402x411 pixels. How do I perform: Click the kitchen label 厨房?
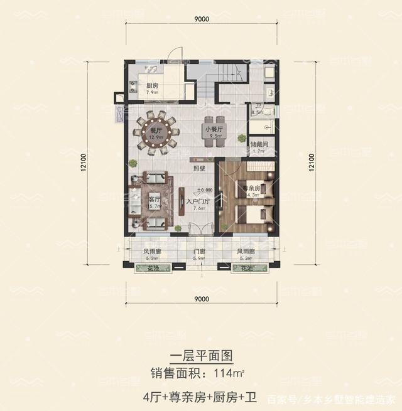151,86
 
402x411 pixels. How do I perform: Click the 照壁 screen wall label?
200,168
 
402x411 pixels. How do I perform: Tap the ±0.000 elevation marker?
204,189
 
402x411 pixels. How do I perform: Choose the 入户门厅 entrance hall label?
197,203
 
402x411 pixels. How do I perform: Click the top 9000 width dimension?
202,19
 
